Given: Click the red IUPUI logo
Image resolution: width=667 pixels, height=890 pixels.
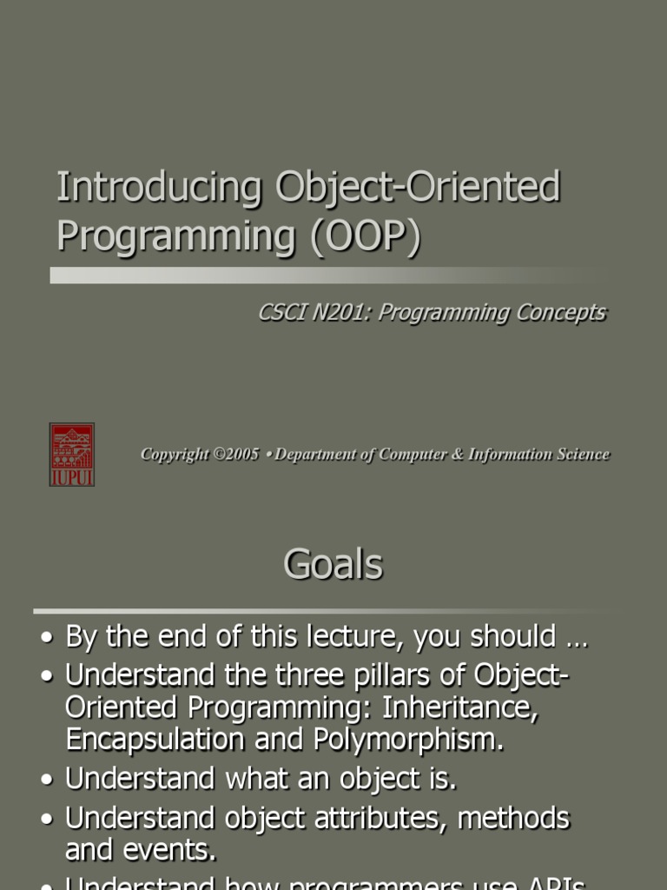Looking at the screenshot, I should click(71, 455).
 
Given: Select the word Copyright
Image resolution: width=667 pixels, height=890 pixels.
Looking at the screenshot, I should click(175, 455).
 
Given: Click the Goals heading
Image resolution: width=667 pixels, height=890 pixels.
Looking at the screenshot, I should click(333, 564).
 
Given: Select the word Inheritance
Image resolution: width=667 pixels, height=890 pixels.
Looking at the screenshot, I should click(468, 707).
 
